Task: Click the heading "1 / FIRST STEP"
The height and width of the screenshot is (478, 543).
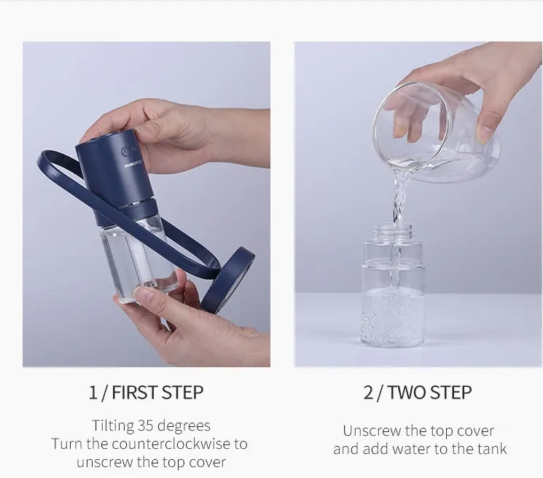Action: [x=146, y=392]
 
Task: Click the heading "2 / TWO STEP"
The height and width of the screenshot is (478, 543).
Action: [x=418, y=392]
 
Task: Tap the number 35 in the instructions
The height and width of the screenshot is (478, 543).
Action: [x=146, y=426]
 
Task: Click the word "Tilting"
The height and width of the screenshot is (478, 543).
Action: [x=113, y=426]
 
